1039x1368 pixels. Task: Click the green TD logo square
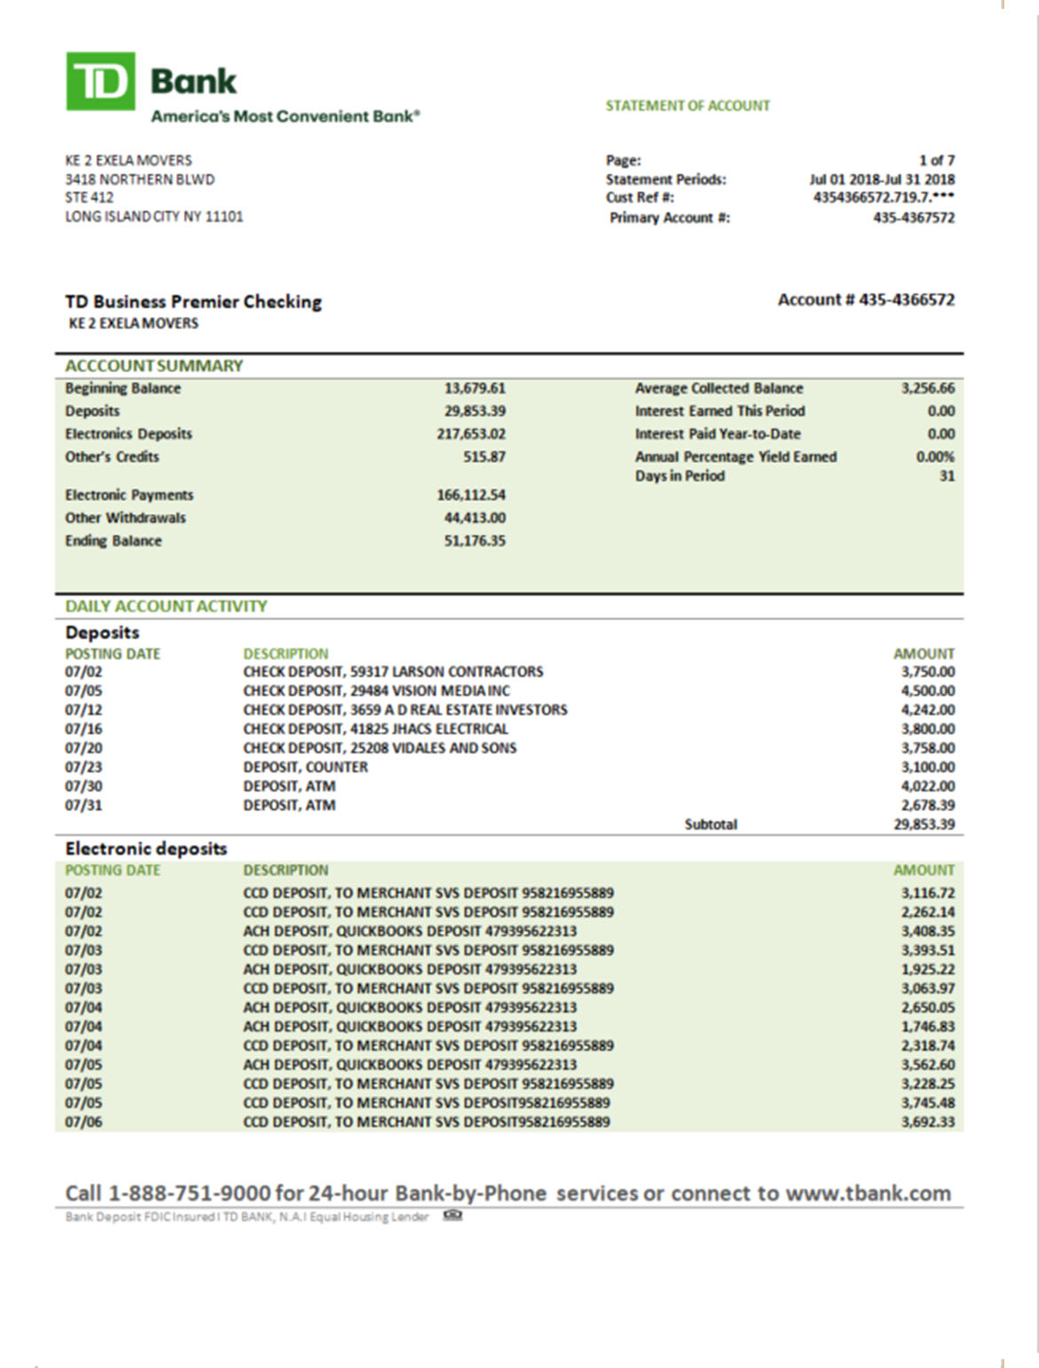click(x=100, y=81)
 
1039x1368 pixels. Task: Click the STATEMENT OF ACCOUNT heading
click(x=687, y=106)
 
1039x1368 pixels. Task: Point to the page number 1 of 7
click(x=936, y=161)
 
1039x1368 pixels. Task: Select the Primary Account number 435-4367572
click(x=913, y=218)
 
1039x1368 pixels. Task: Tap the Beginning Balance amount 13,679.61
click(x=475, y=388)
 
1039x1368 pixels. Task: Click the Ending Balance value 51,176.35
click(x=475, y=541)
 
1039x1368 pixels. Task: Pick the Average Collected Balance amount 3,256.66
click(x=927, y=388)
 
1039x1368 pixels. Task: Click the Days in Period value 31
click(x=947, y=476)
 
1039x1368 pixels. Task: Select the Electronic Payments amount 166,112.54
click(x=471, y=495)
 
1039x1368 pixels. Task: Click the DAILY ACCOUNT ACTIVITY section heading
click(x=166, y=607)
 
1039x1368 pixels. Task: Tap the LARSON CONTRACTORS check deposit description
click(x=393, y=672)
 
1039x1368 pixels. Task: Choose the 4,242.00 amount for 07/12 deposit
click(x=927, y=710)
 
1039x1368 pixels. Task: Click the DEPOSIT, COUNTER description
click(x=305, y=767)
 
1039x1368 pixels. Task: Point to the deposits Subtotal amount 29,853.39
click(x=923, y=824)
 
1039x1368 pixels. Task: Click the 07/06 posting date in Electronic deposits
click(x=84, y=1122)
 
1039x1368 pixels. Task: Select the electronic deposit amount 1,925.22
click(x=927, y=969)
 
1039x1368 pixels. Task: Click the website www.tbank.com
click(x=868, y=1193)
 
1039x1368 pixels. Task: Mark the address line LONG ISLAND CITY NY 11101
click(x=154, y=217)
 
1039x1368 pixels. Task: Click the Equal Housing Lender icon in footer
click(x=452, y=1216)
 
